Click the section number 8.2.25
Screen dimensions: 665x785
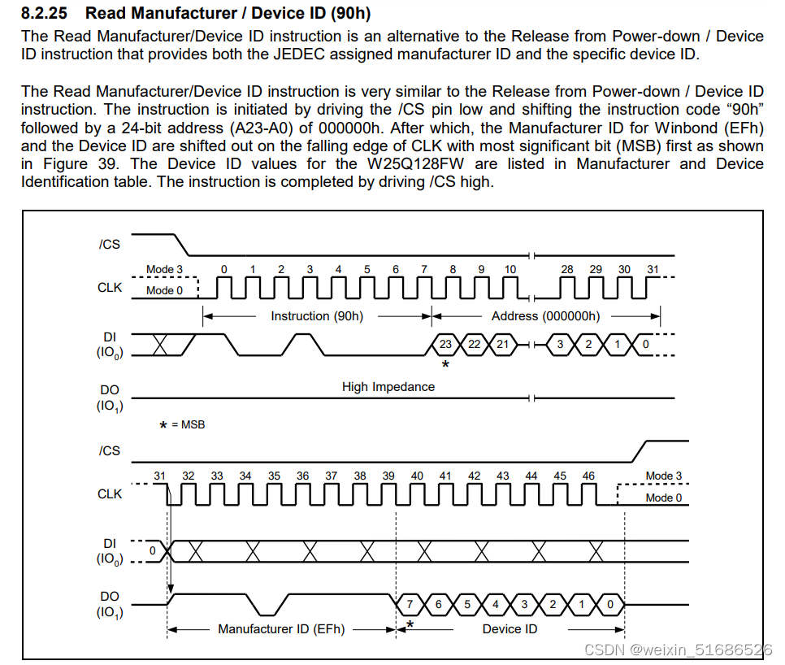(47, 14)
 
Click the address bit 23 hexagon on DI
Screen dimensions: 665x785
(445, 345)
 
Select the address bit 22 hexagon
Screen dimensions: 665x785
(474, 345)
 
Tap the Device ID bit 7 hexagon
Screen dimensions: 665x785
(410, 604)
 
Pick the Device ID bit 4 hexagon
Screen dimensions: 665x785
(496, 604)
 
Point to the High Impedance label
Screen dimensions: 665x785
(388, 387)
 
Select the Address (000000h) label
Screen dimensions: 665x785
(545, 316)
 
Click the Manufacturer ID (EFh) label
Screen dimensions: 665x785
(281, 629)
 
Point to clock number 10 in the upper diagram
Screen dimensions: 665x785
(510, 270)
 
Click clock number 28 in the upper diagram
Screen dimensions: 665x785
(567, 270)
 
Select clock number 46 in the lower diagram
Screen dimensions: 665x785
(588, 476)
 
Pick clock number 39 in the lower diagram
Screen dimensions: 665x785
(388, 476)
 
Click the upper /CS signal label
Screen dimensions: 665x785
(109, 244)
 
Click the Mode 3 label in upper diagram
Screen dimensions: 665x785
(165, 270)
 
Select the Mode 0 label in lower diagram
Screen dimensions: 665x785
(664, 498)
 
